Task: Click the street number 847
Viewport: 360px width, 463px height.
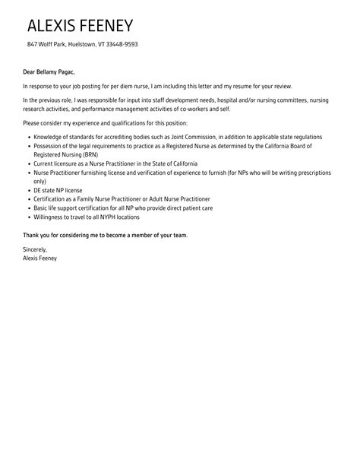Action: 32,44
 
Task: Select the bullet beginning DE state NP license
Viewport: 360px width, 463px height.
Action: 58,189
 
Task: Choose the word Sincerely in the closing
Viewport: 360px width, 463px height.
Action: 35,249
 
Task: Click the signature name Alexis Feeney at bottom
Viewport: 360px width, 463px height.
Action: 44,257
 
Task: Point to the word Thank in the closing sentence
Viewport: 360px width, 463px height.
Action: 31,234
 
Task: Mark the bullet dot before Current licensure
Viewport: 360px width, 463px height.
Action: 27,163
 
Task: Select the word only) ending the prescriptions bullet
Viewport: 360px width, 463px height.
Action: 40,182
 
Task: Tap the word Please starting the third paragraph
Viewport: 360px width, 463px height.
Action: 31,122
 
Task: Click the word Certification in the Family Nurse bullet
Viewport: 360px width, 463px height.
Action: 50,198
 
